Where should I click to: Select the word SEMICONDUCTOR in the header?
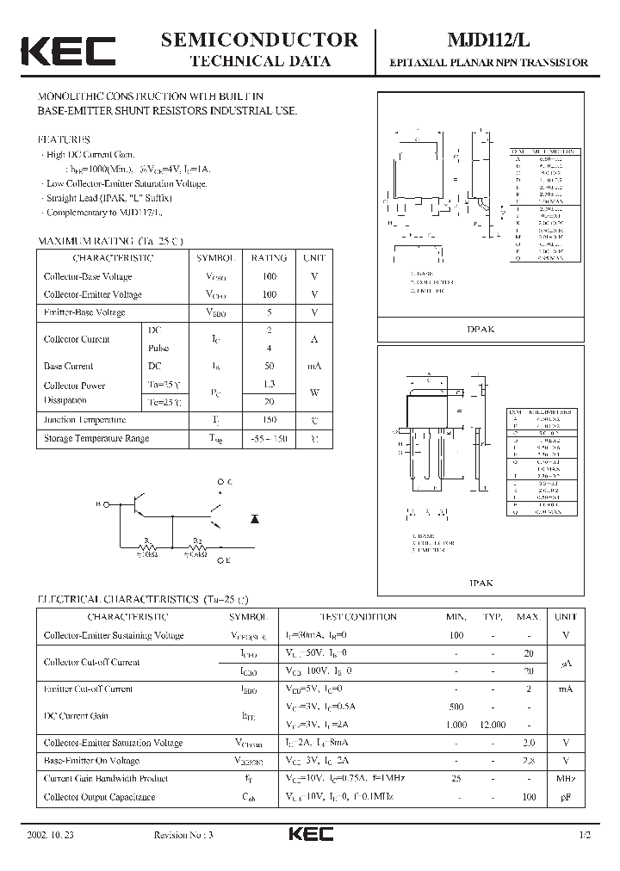259,40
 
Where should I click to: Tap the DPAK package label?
480,330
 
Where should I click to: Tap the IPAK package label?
480,583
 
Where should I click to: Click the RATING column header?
269,258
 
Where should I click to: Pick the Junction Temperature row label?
84,420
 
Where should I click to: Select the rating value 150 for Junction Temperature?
269,420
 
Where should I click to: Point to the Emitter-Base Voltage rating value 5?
269,312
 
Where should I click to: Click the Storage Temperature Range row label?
96,439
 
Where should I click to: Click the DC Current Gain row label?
76,715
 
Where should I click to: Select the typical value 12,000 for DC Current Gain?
492,725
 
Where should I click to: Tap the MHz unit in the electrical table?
565,779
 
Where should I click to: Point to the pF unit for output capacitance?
565,798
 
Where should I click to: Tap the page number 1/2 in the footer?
586,836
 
